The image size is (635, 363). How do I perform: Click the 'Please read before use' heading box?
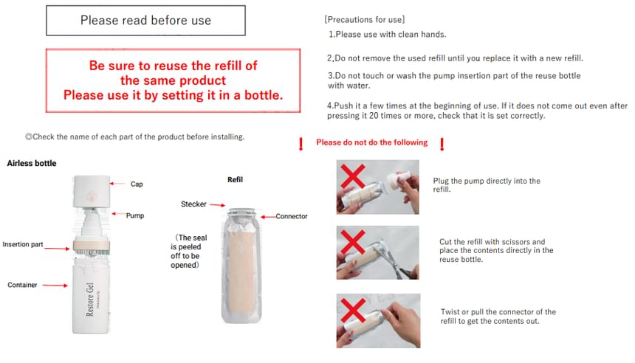(x=145, y=21)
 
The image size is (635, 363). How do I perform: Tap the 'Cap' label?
(x=137, y=184)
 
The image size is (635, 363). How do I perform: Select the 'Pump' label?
(x=135, y=215)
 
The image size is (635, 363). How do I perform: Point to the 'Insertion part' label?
(x=23, y=244)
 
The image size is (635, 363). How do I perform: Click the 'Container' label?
(x=22, y=285)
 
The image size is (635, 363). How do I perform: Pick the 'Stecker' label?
(x=193, y=204)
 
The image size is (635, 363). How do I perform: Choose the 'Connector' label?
(x=292, y=216)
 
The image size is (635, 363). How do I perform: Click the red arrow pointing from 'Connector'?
(x=268, y=217)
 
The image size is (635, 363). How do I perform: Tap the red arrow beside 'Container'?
(x=55, y=286)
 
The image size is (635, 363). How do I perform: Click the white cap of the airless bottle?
(x=92, y=191)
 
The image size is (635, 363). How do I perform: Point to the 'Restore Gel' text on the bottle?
(x=89, y=300)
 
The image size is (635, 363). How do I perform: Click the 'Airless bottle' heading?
(x=32, y=164)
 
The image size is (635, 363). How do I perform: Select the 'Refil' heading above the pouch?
(x=235, y=180)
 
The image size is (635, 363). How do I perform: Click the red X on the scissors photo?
(x=353, y=243)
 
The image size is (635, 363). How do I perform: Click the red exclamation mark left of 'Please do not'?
(x=301, y=144)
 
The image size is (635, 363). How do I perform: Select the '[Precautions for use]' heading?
(x=365, y=19)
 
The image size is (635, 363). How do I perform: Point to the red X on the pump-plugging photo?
(x=353, y=176)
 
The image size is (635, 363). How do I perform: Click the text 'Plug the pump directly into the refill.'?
(x=487, y=185)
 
